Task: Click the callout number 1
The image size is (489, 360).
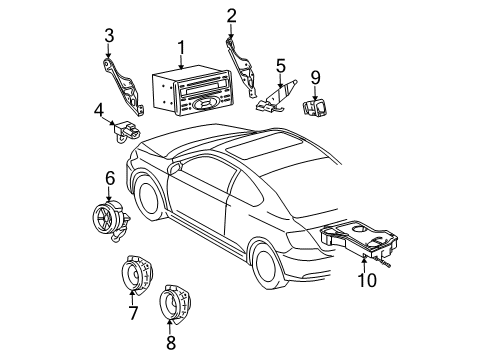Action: (x=181, y=46)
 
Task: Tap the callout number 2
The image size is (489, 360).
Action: (x=231, y=14)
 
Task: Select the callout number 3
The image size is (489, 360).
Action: (x=108, y=38)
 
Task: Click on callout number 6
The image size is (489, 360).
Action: (x=110, y=177)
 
